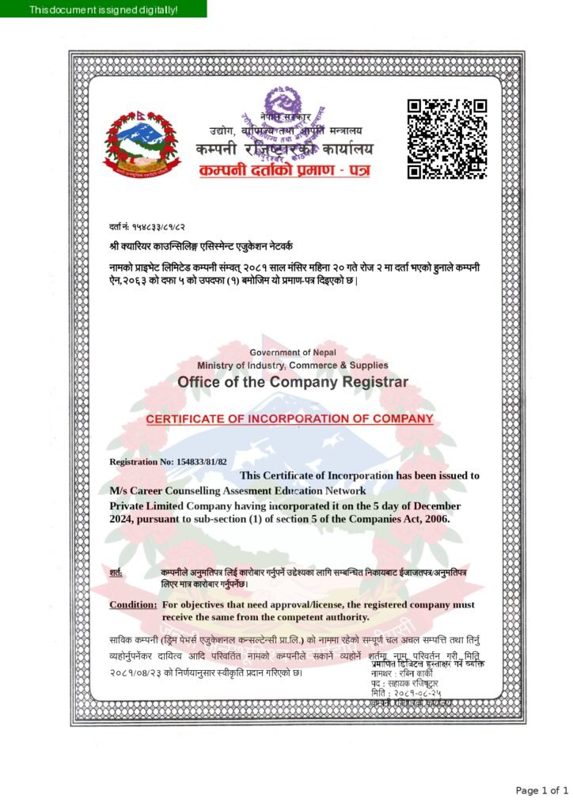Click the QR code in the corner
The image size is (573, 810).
pyautogui.click(x=446, y=139)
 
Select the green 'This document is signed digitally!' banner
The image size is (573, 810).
pyautogui.click(x=104, y=9)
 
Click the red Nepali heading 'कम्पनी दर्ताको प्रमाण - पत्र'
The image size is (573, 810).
pyautogui.click(x=284, y=170)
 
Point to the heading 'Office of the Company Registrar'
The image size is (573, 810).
pyautogui.click(x=293, y=382)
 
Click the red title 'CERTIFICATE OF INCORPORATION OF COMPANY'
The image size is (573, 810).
pyautogui.click(x=289, y=418)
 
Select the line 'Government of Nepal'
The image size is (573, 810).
pyautogui.click(x=293, y=352)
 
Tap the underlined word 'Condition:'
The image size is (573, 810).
pyautogui.click(x=133, y=605)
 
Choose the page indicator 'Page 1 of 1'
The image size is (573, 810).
pyautogui.click(x=541, y=790)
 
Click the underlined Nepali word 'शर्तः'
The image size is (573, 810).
pyautogui.click(x=116, y=572)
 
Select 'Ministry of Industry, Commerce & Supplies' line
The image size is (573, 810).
pyautogui.click(x=293, y=365)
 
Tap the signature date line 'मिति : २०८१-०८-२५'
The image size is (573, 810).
pyautogui.click(x=406, y=693)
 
